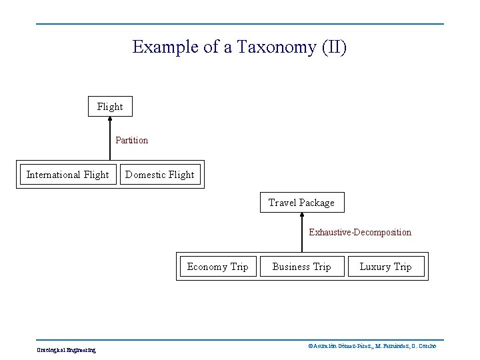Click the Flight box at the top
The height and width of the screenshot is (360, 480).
(110, 107)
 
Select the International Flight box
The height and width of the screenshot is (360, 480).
(67, 175)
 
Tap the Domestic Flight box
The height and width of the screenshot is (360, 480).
(159, 175)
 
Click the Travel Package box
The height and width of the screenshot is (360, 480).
(301, 203)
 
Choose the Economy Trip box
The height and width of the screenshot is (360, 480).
(217, 267)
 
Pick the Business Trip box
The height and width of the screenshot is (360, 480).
(301, 267)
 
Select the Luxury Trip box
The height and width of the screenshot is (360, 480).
(385, 267)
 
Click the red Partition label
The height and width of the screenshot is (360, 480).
(132, 141)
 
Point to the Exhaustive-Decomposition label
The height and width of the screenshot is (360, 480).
(360, 233)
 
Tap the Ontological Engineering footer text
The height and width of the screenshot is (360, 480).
(66, 349)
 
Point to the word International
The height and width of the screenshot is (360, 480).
(54, 175)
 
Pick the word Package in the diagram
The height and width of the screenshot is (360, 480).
(317, 203)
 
